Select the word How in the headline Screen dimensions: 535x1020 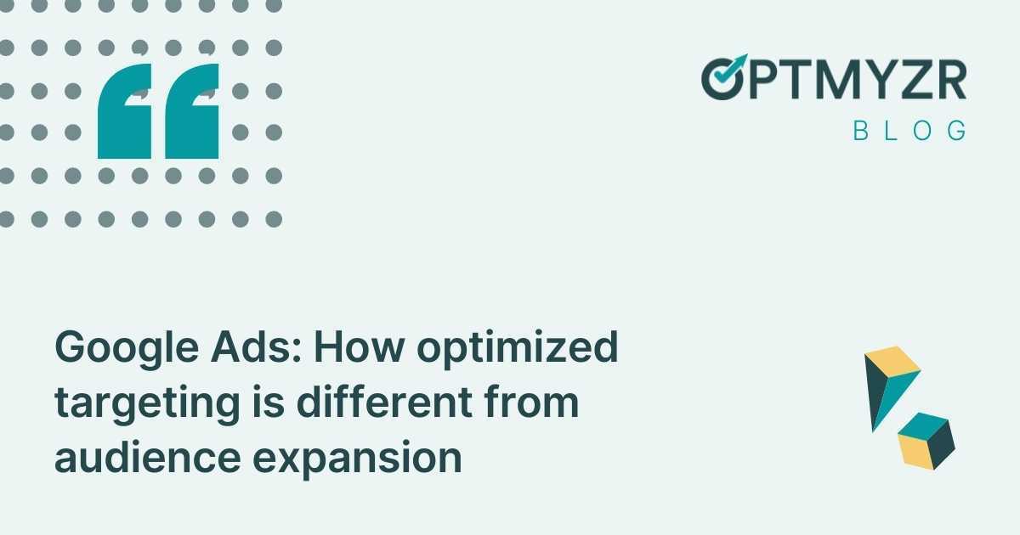coord(341,349)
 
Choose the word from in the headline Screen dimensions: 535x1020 coord(534,403)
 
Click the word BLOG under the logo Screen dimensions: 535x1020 coord(910,131)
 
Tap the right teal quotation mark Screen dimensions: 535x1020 coord(191,111)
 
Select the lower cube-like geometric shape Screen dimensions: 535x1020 coord(926,440)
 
